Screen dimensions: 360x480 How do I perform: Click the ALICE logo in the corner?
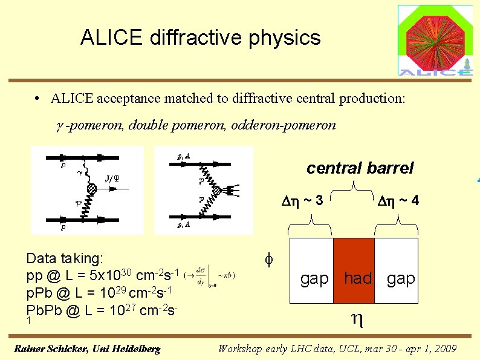click(x=435, y=40)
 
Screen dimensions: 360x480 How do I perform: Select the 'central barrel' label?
click(x=360, y=168)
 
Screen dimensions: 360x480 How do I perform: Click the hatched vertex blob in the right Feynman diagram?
click(x=215, y=191)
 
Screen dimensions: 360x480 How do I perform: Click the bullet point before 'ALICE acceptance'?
click(x=37, y=99)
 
